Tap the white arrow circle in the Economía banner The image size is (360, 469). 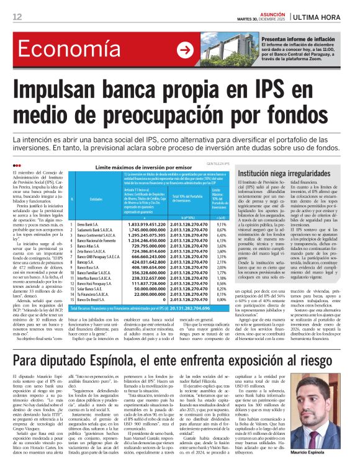[x=184, y=50]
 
